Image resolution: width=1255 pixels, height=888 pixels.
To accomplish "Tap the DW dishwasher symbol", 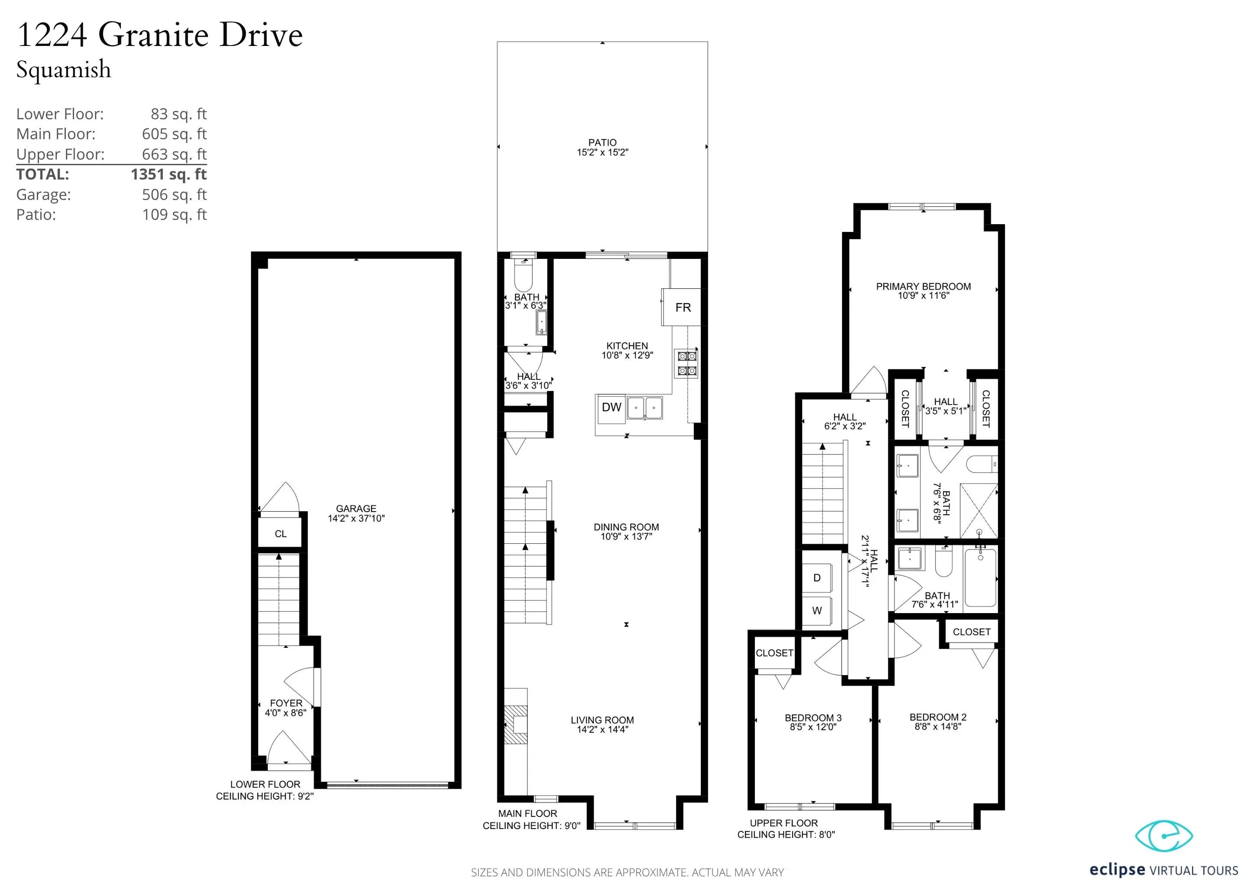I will [x=611, y=408].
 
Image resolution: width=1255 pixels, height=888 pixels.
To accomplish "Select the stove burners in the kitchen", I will [x=687, y=364].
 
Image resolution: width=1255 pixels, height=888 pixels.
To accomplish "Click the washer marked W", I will [x=816, y=611].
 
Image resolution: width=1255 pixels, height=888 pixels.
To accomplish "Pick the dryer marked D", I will [x=816, y=578].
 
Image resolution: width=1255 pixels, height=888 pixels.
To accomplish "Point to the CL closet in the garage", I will [x=280, y=534].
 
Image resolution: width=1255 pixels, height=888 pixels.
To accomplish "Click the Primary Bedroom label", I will [x=923, y=287].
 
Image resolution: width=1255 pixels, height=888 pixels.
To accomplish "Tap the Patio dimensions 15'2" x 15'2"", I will [x=602, y=153].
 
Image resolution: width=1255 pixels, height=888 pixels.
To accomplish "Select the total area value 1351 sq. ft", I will [x=168, y=174].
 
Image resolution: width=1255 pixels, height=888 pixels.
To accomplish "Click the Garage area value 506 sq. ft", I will [x=174, y=195].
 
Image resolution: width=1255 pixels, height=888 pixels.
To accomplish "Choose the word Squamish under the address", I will [x=63, y=70].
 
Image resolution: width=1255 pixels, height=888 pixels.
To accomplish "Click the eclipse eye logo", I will [x=1164, y=836].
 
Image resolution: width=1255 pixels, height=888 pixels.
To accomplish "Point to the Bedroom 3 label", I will [x=813, y=718].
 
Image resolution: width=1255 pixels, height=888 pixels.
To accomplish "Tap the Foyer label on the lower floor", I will [x=286, y=703].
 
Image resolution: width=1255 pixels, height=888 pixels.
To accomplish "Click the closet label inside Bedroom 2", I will [x=971, y=632].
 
